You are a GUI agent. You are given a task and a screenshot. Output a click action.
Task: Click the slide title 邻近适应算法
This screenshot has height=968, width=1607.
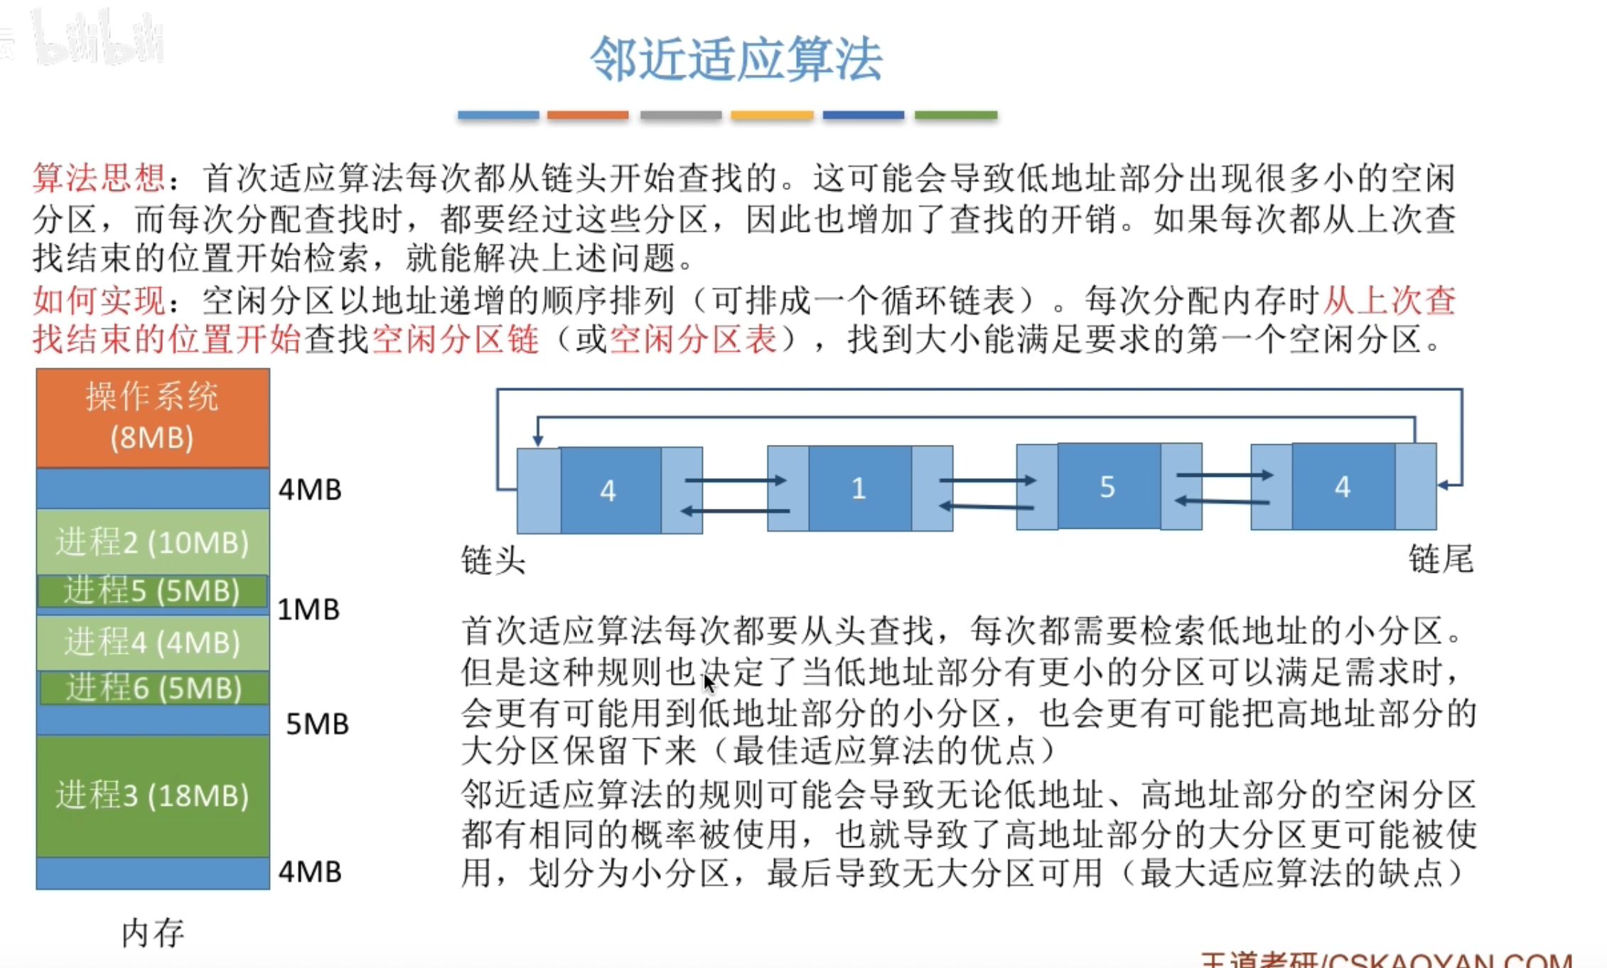point(736,60)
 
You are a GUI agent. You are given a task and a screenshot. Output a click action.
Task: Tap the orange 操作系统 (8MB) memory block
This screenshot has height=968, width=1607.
point(153,417)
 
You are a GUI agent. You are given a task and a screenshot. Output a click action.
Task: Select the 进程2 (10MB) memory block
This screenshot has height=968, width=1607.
point(153,542)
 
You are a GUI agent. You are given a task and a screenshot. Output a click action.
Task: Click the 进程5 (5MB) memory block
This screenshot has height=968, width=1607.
point(153,591)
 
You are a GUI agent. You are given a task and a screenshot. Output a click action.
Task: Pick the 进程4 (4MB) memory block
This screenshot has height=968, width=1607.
point(153,642)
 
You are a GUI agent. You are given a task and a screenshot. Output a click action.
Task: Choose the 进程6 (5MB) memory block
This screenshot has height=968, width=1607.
point(154,688)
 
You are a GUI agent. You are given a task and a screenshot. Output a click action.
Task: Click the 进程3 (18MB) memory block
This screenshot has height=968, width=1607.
point(153,795)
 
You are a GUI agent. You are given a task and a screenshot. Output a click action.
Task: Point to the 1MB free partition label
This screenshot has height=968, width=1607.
point(308,610)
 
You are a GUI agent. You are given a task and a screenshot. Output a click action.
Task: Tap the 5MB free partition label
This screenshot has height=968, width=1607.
point(317,724)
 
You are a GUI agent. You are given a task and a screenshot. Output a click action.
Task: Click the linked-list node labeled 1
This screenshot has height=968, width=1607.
point(859,488)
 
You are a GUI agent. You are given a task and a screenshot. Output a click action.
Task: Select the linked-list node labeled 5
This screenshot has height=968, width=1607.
point(1107,487)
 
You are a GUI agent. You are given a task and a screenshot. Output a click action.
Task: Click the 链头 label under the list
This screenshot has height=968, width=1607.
point(493,561)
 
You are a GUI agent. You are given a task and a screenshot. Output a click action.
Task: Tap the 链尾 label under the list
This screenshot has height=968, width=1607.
point(1441,559)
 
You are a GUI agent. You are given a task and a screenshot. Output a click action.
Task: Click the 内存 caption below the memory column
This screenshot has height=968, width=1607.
point(153,932)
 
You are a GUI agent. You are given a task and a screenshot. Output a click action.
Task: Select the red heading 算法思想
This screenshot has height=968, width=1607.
point(99,178)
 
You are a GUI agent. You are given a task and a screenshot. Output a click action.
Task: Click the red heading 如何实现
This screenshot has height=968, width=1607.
point(99,301)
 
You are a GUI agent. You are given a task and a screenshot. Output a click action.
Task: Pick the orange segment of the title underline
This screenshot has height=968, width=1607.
point(588,115)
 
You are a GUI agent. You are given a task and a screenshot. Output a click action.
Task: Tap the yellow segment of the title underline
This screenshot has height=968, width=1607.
point(772,115)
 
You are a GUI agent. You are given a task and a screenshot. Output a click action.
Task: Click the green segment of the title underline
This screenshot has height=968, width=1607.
point(956,115)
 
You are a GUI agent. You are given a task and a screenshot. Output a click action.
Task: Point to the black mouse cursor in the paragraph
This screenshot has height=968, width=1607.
point(709,683)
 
